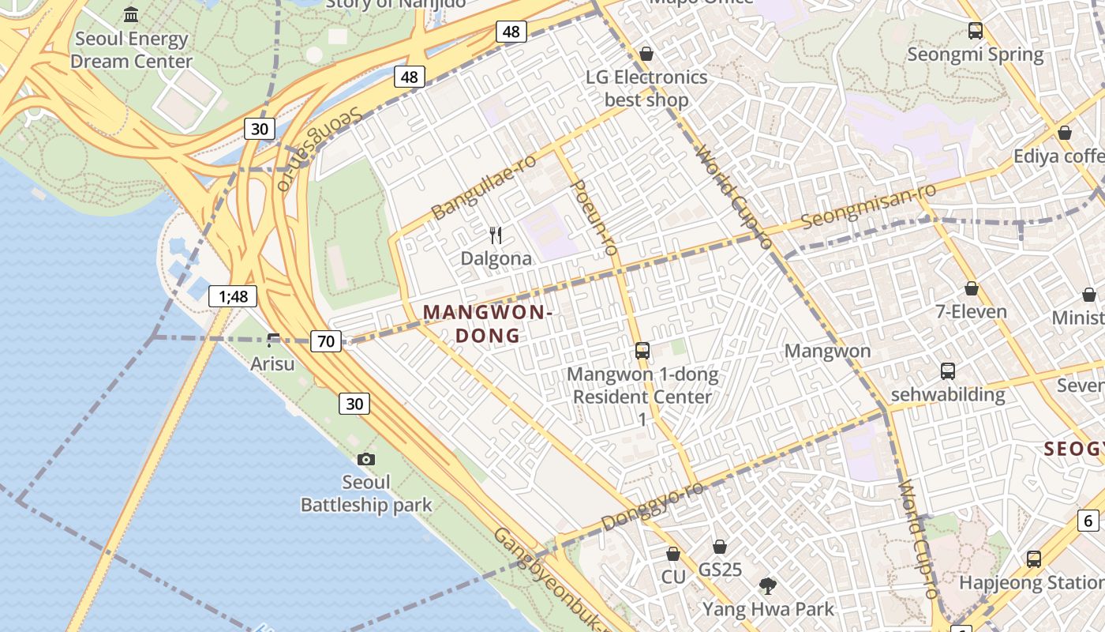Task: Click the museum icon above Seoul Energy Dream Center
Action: tap(131, 14)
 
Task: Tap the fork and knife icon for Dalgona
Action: tap(496, 235)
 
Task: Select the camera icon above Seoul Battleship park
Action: tap(366, 459)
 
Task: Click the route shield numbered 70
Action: tap(326, 341)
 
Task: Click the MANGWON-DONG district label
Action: tap(487, 324)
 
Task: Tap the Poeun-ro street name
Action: tap(593, 216)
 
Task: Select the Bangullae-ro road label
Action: tap(484, 187)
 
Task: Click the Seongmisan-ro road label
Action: tap(868, 205)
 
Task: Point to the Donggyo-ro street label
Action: tap(652, 507)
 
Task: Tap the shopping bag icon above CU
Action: tap(673, 554)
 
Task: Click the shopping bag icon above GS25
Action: tap(720, 546)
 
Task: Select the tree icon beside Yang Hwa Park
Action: tap(767, 585)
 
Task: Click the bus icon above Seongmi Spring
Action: tap(976, 31)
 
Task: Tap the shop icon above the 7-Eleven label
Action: tap(972, 288)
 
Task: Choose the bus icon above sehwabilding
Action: tap(948, 371)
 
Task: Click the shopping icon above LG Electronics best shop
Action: tap(646, 54)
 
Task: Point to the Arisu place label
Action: tap(272, 363)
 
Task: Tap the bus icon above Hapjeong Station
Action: tap(1034, 559)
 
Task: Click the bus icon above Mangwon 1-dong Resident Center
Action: tap(642, 350)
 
